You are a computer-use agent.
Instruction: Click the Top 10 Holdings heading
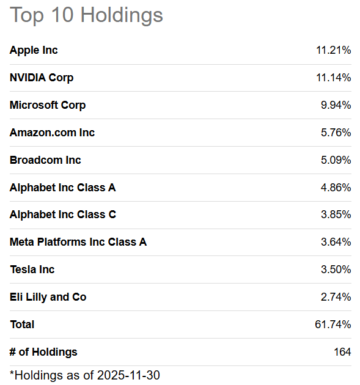[86, 15]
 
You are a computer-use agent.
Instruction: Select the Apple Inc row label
[34, 50]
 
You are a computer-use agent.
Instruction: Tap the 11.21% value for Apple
[334, 50]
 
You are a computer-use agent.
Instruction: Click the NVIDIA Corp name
[42, 78]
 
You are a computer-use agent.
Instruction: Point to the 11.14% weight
[334, 78]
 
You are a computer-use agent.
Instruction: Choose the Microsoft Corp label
[48, 105]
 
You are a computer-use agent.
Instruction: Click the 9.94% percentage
[336, 105]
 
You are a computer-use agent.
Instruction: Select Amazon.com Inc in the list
[52, 133]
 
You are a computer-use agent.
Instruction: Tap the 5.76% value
[336, 133]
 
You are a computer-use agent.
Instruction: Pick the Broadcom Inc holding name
[45, 160]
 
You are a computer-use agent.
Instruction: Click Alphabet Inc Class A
[62, 188]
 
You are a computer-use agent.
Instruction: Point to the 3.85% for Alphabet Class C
[336, 215]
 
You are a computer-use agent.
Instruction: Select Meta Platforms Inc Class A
[78, 242]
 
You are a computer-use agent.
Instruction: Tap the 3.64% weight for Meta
[336, 242]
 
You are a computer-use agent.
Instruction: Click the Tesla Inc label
[32, 269]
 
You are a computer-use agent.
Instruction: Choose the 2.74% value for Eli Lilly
[336, 297]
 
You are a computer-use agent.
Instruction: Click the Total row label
[22, 324]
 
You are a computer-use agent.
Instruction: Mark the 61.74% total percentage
[333, 324]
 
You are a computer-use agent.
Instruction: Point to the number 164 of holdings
[342, 352]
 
